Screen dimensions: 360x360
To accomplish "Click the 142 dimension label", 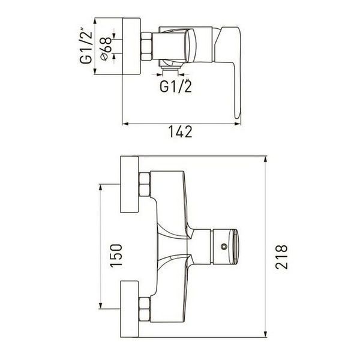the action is tap(180, 132).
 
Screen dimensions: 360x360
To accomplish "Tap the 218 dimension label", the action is tap(281, 257).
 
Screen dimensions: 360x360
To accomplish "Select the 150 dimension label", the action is tap(116, 256).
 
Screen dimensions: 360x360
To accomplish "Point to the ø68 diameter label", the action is tap(106, 49).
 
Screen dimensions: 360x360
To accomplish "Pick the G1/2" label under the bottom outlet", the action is tap(176, 86).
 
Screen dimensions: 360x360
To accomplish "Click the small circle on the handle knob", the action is tap(224, 247).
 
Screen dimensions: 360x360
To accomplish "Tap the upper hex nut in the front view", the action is tap(145, 185).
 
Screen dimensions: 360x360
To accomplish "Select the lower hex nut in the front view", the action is tap(145, 309).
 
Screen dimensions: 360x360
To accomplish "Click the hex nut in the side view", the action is tap(146, 46).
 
